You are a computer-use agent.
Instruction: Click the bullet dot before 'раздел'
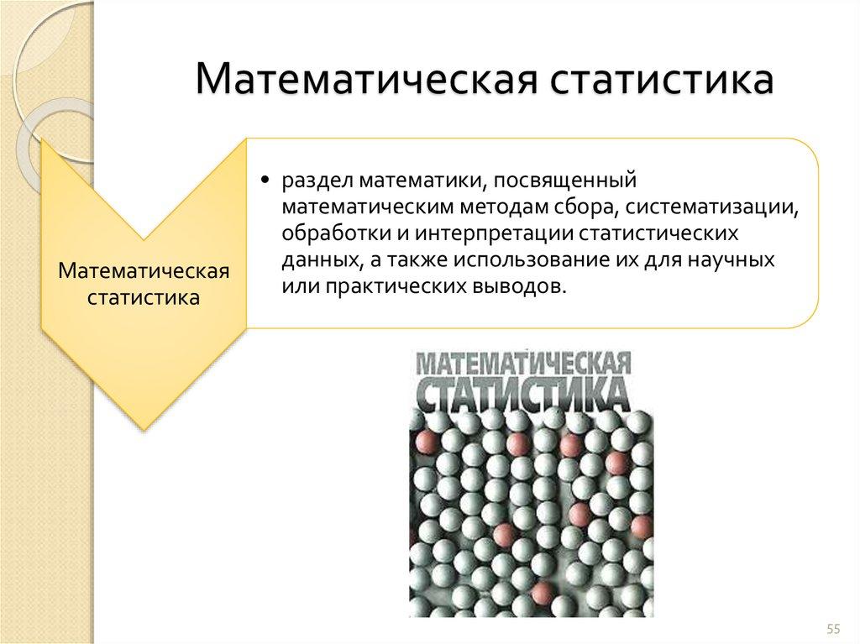[x=265, y=180]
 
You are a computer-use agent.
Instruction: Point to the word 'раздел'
[x=309, y=181]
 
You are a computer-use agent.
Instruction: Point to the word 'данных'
[x=313, y=259]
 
